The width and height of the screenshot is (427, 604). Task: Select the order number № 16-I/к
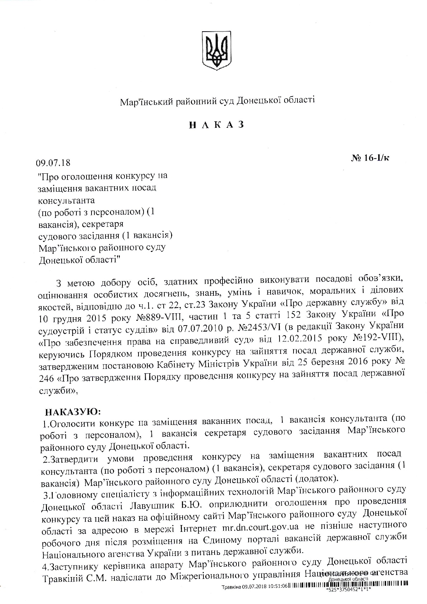tap(370, 158)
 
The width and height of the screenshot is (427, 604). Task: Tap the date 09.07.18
tap(53, 163)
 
